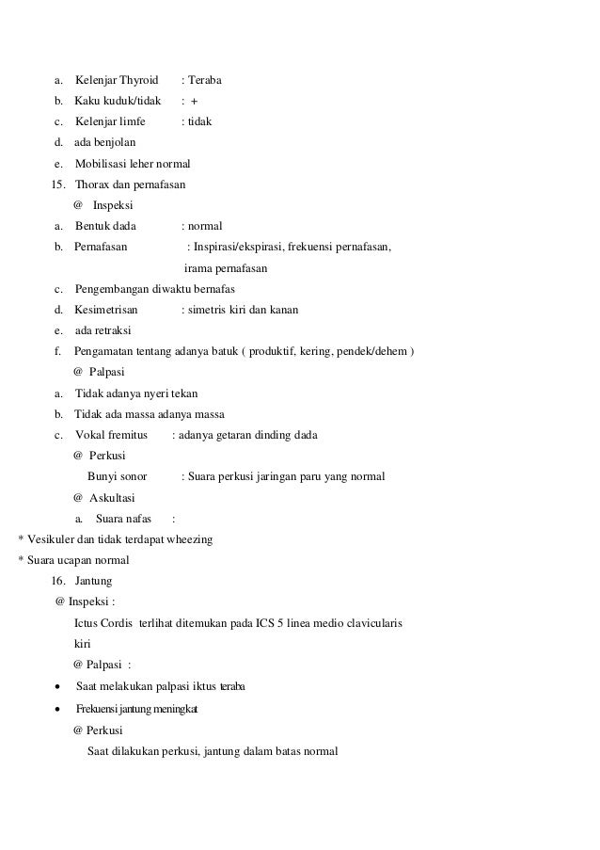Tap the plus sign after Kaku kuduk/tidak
point(194,101)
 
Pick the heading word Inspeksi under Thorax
point(113,204)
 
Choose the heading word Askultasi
point(113,497)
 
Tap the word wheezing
point(189,539)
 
